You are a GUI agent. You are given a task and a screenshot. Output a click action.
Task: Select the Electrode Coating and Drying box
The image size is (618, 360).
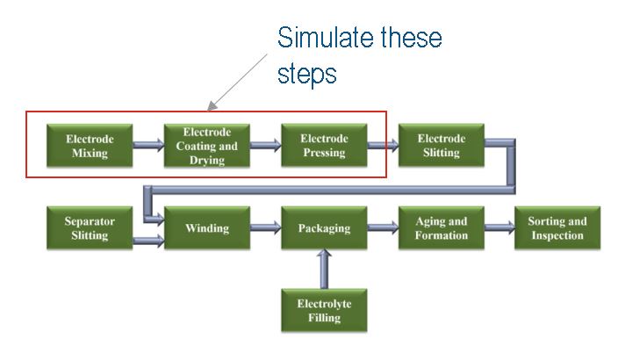coord(207,146)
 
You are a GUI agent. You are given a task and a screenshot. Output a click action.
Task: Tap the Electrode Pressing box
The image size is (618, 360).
coord(323,146)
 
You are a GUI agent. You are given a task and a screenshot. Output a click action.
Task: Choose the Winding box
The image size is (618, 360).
coord(207,228)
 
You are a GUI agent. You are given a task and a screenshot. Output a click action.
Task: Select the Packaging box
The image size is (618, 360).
coord(323,228)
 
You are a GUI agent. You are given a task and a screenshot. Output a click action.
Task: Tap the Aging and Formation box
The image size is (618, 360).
coord(441,228)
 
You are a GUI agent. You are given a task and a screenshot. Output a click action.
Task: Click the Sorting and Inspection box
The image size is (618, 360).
coord(557,228)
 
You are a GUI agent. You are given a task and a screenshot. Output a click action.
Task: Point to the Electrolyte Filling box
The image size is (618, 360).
coord(323,312)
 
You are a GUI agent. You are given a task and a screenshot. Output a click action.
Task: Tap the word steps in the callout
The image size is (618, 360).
coord(306,74)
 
